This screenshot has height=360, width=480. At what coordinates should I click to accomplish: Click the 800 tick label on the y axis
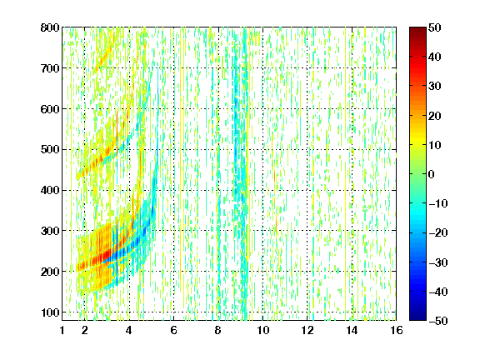[50, 27]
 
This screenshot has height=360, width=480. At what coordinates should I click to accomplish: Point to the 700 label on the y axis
[50, 68]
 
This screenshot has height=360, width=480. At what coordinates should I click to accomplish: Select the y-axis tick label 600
[50, 109]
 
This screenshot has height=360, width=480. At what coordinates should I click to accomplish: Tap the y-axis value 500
[50, 150]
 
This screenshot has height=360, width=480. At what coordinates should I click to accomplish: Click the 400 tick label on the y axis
[50, 190]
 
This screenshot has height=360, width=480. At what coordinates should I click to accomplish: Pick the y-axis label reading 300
[50, 231]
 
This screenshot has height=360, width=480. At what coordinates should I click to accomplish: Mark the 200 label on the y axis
[50, 272]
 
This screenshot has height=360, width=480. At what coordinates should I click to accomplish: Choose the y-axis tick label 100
[50, 312]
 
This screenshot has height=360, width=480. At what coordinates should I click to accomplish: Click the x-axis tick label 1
[62, 330]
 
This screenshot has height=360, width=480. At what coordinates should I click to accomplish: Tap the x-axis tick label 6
[173, 330]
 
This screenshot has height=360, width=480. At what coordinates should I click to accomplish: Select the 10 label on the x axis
[262, 330]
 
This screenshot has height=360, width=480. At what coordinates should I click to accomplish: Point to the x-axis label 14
[352, 330]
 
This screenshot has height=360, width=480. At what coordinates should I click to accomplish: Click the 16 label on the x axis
[397, 330]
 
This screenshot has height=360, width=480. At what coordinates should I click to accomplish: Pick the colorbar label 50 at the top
[434, 27]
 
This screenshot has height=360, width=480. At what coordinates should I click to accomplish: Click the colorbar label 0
[432, 174]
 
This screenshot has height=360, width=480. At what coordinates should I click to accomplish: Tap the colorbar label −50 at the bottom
[438, 321]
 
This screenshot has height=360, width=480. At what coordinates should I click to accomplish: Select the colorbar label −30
[438, 262]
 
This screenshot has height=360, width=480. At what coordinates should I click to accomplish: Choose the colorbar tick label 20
[434, 116]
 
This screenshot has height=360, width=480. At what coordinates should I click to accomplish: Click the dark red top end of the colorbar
[417, 29]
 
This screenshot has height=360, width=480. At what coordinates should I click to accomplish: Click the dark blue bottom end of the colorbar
[417, 318]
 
